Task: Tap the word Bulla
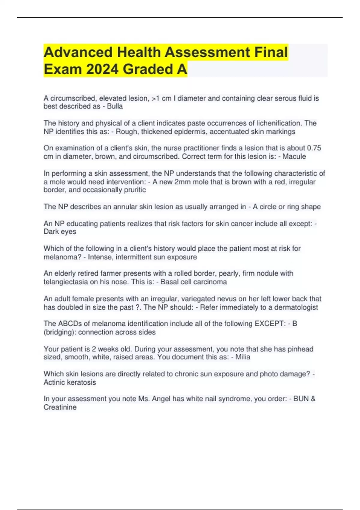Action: (x=115, y=106)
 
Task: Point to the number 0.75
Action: (x=314, y=148)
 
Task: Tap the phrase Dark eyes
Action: (x=60, y=232)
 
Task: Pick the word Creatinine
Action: (x=60, y=407)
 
